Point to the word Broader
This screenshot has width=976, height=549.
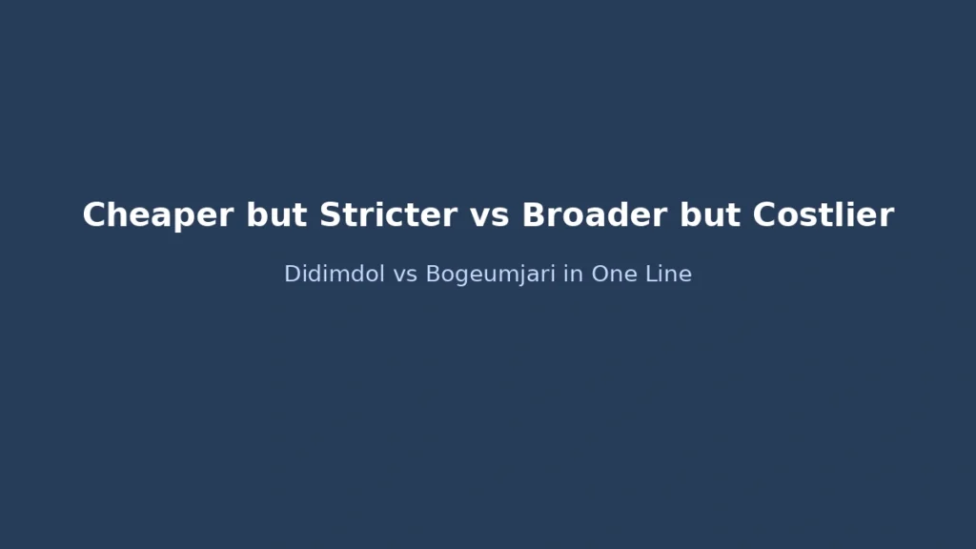[596, 215]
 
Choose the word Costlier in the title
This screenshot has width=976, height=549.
[823, 215]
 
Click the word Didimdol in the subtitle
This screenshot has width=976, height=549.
[335, 274]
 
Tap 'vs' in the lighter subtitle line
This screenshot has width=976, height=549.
[406, 274]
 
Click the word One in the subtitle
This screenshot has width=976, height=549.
[615, 274]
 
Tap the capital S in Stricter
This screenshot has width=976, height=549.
[330, 215]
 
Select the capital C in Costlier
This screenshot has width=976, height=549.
[764, 215]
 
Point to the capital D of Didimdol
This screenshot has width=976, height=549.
[292, 274]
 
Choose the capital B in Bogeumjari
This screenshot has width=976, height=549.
[432, 274]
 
